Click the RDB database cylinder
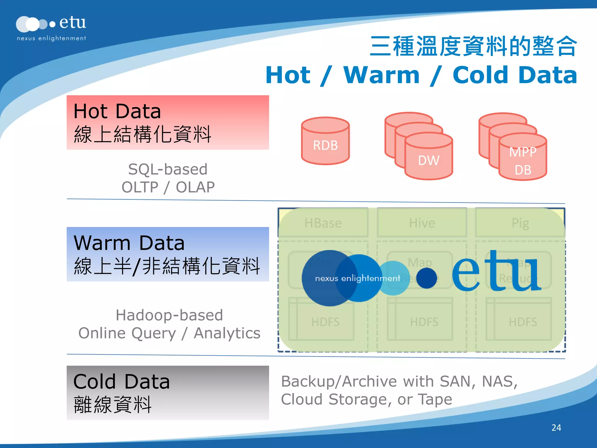pos(325,141)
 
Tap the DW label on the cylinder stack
pos(429,160)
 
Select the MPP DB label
pos(523,161)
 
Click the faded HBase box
pos(323,223)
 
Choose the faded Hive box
pos(422,223)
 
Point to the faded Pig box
pos(520,223)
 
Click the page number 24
pos(556,428)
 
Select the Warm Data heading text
pos(129,243)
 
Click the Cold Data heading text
pos(122,381)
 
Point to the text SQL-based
pos(168,169)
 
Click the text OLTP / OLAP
pos(168,187)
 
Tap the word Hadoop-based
pos(169,315)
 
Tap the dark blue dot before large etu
pos(426,278)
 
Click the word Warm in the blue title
pos(382,75)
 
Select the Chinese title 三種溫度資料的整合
pos(473,46)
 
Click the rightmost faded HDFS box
pos(523,322)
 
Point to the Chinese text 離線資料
pos(113,405)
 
